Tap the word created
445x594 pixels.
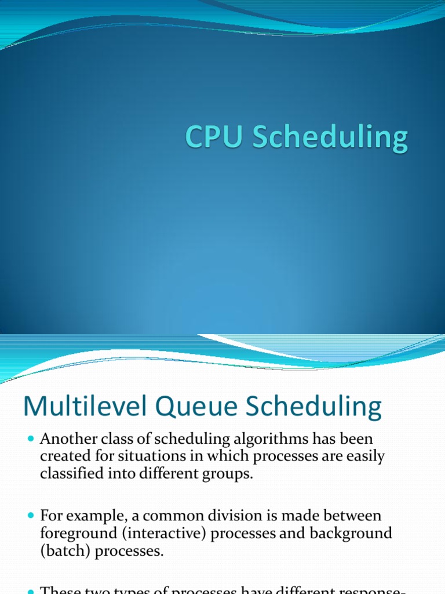click(65, 457)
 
